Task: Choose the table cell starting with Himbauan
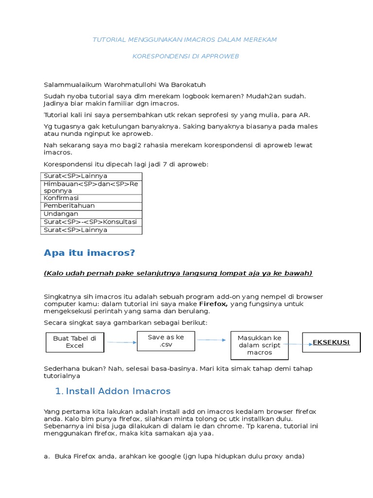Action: click(91, 187)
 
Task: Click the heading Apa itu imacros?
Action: click(89, 252)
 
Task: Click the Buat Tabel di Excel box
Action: click(75, 342)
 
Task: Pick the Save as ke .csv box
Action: click(166, 341)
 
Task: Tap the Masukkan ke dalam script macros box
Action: click(259, 345)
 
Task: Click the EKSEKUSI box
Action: click(331, 342)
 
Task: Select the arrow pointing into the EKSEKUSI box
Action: click(297, 344)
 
